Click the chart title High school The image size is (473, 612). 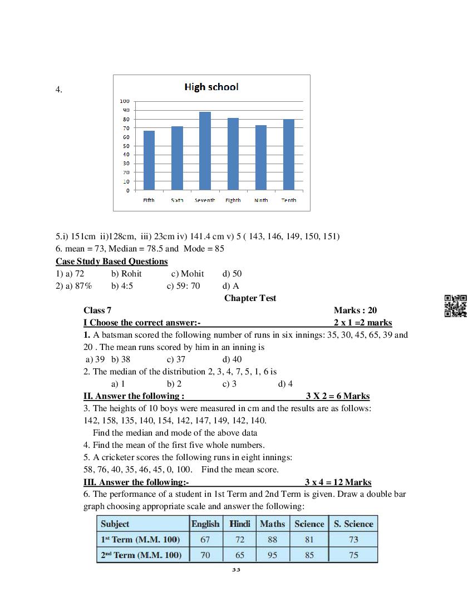pyautogui.click(x=211, y=87)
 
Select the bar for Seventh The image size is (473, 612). pyautogui.click(x=205, y=151)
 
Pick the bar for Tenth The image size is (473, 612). pyautogui.click(x=288, y=155)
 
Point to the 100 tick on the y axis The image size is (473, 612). pyautogui.click(x=125, y=101)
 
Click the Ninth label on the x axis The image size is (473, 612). pyautogui.click(x=261, y=200)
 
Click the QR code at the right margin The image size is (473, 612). pyautogui.click(x=455, y=306)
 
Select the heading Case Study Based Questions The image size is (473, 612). pyautogui.click(x=111, y=261)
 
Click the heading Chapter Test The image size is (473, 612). pyautogui.click(x=250, y=298)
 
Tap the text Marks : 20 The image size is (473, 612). pyautogui.click(x=355, y=310)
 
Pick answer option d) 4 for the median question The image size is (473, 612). pyautogui.click(x=285, y=384)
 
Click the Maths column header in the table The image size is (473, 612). pyautogui.click(x=272, y=524)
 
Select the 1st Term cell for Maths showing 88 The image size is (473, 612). pyautogui.click(x=272, y=540)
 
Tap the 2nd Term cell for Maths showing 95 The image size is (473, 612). pyautogui.click(x=272, y=555)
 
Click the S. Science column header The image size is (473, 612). pyautogui.click(x=353, y=524)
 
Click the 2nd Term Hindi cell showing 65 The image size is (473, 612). pyautogui.click(x=240, y=555)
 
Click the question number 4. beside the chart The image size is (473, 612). pyautogui.click(x=58, y=90)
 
